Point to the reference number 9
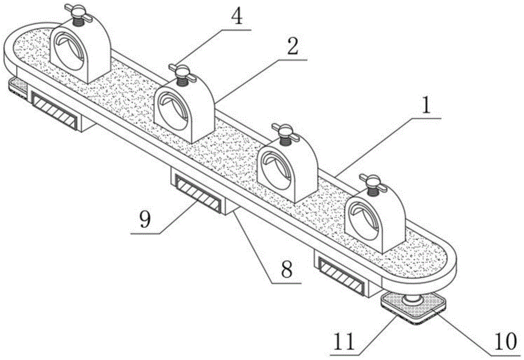pos(145,219)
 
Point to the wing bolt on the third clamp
pos(283,129)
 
